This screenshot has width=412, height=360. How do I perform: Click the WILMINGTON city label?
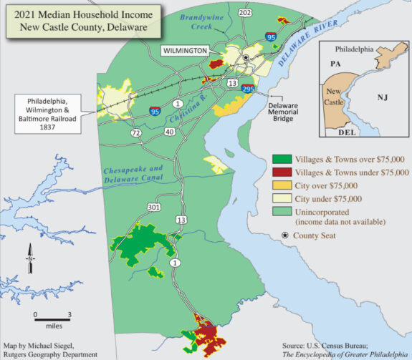[x=184, y=52]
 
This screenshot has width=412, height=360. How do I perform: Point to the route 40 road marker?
[x=169, y=132]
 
